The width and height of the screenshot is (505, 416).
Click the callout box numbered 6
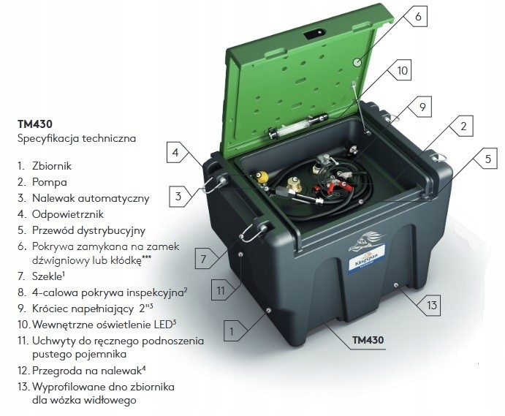point(418,16)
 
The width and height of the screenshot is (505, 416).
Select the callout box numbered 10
point(402,70)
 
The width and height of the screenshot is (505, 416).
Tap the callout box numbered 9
point(422,107)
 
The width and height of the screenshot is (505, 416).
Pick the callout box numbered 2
point(463,126)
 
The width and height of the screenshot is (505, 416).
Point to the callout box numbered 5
point(487,159)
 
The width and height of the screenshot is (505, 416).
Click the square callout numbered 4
point(175,152)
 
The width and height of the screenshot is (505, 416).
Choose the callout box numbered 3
point(178,197)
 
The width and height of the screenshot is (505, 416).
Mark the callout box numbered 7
point(203,259)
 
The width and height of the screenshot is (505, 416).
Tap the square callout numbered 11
point(220,291)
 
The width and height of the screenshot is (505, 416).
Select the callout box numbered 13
point(431,305)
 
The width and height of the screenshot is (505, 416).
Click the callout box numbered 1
point(232,331)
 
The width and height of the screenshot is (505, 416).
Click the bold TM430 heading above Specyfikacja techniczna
point(35,124)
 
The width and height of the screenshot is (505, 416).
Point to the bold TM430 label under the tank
point(368,340)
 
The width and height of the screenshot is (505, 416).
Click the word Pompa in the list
point(50,182)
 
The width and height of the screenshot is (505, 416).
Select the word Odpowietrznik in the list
point(68,215)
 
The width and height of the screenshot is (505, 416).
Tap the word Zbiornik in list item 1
point(52,166)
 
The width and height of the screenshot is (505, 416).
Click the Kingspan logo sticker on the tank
point(367,256)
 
